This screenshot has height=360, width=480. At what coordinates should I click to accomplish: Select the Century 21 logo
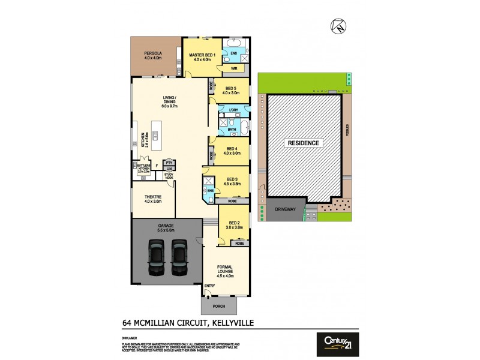point(337,344)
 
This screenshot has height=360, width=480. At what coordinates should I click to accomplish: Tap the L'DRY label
point(235,110)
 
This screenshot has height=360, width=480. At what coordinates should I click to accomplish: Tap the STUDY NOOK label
point(169,176)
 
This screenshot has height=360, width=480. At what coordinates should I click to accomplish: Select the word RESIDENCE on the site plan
point(304,143)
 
